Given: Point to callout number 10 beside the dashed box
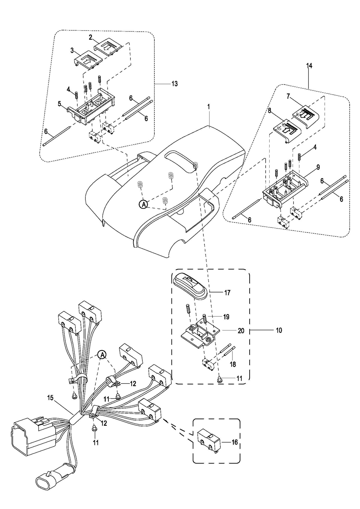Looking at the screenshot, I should coord(278,331).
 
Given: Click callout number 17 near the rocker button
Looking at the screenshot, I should coord(227,293).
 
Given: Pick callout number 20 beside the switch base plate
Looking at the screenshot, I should coord(241,331).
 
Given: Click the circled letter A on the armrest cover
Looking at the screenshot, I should coord(143,204).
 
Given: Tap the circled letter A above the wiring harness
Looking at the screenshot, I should coord(102,355).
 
